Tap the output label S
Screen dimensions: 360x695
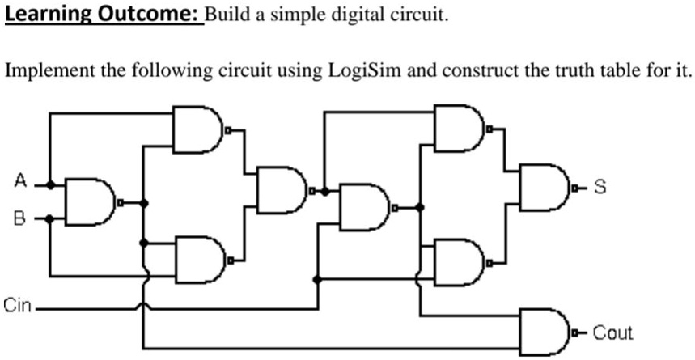(600, 188)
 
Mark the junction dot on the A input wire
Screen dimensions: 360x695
(50, 184)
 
